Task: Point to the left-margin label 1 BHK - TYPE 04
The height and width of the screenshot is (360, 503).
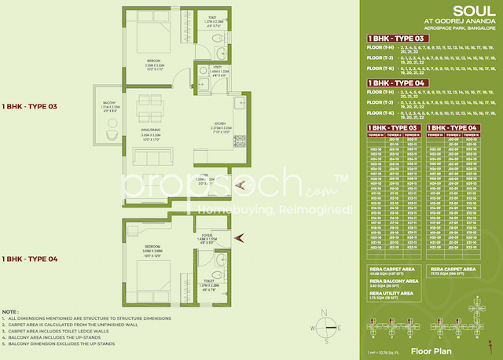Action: coord(28,258)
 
